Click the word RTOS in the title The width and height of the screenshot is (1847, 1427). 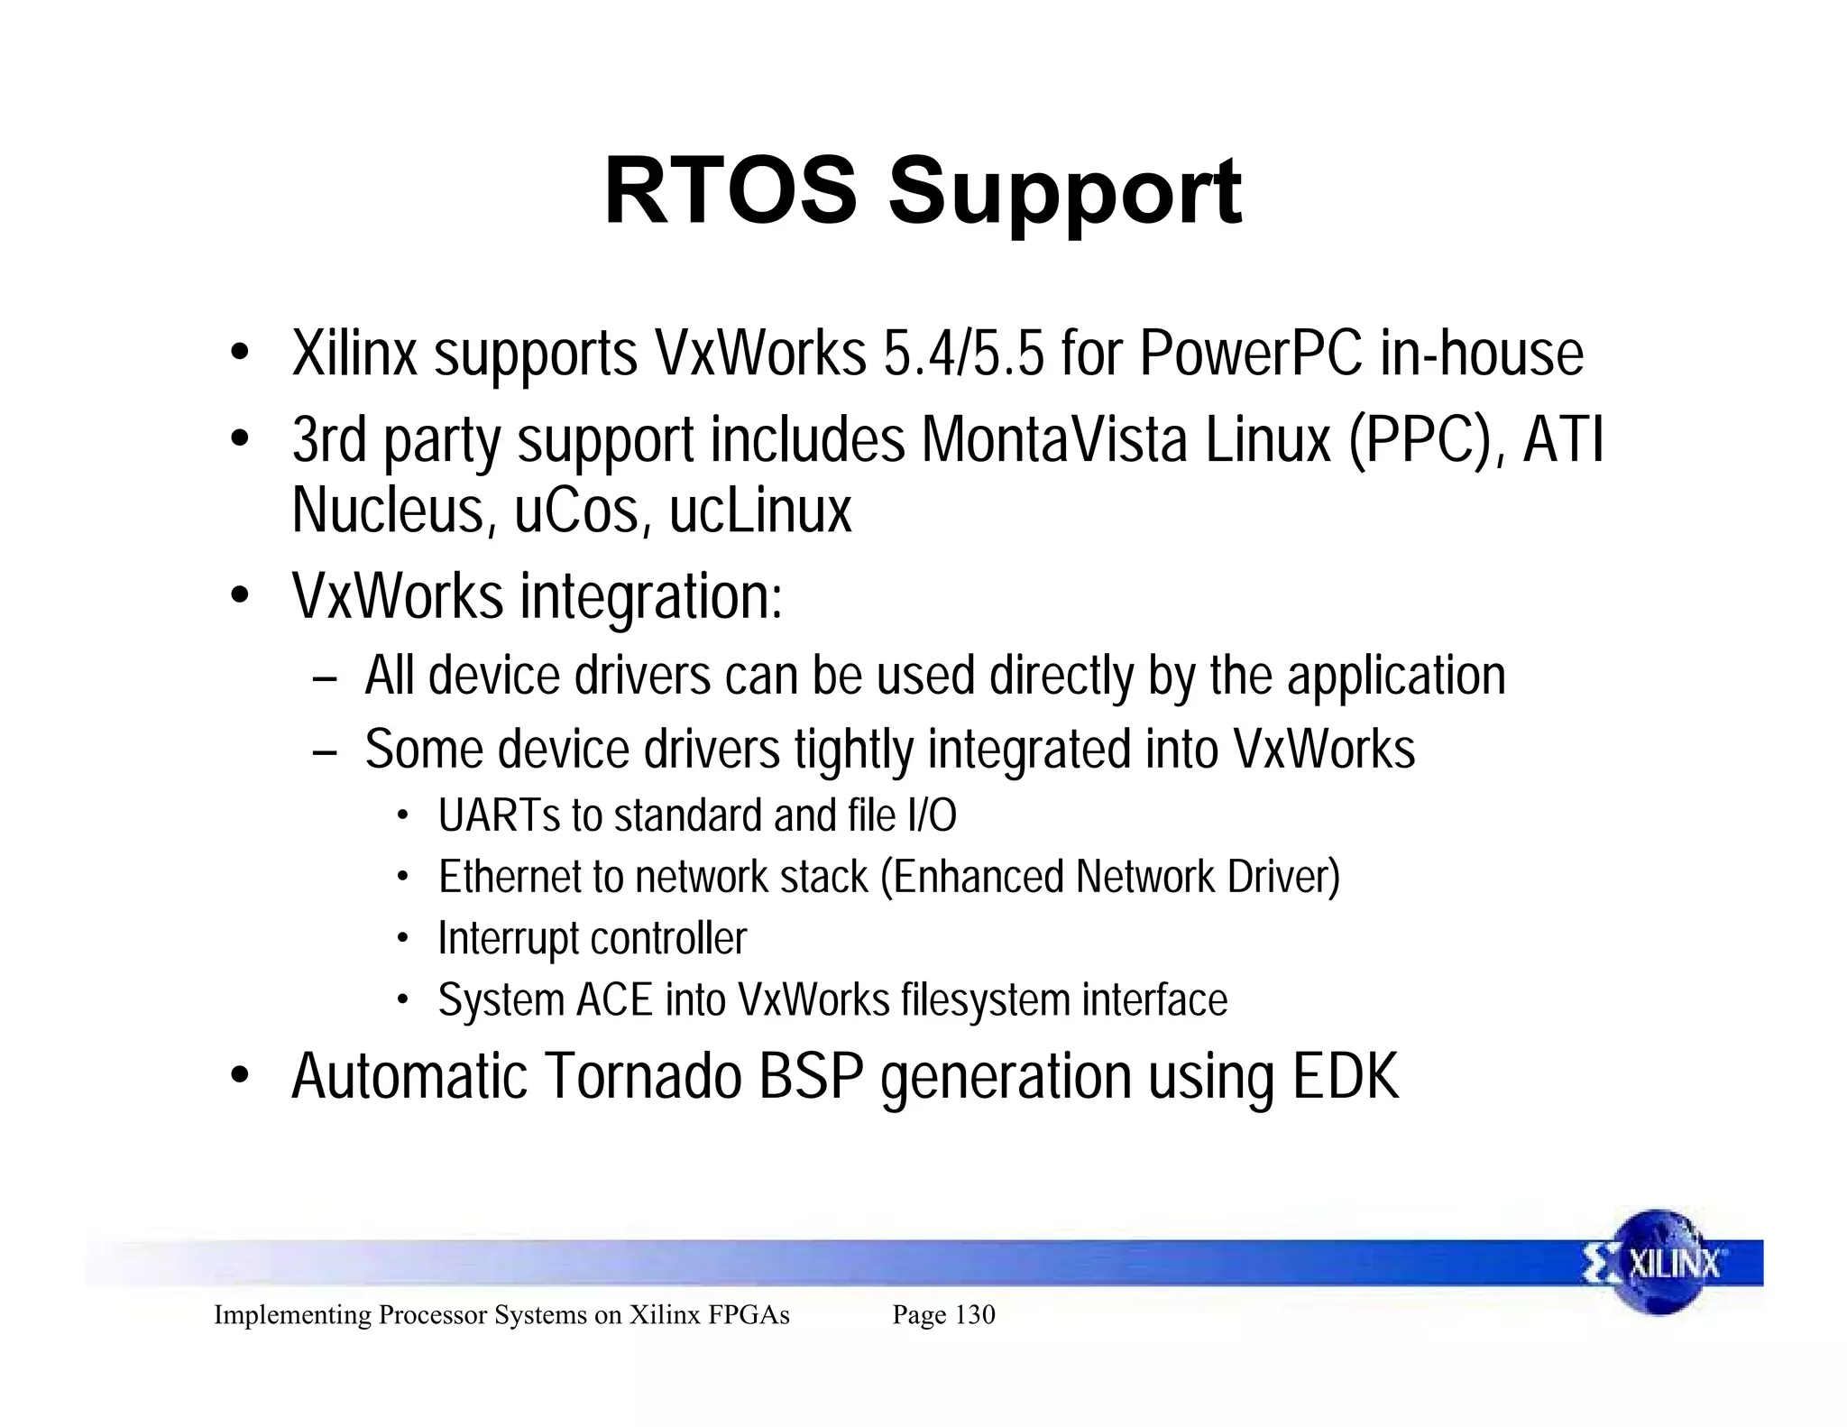point(731,192)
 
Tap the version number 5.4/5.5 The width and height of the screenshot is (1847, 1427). point(963,354)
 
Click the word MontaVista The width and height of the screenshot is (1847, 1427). point(1054,442)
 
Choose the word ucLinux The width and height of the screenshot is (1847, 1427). point(760,511)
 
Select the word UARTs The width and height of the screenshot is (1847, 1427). point(498,815)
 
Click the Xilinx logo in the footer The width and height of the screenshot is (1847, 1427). point(1656,1263)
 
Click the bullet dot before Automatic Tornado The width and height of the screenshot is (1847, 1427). point(239,1077)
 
